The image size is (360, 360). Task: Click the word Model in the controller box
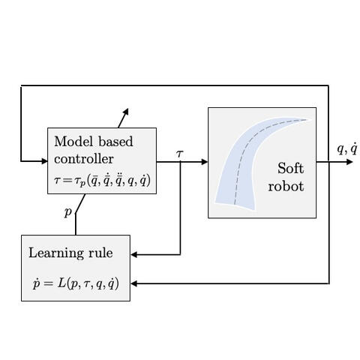(x=73, y=142)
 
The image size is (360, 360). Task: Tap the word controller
(x=84, y=159)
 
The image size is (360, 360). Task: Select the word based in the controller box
(x=115, y=142)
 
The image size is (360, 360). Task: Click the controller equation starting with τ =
(x=103, y=180)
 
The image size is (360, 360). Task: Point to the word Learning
(x=56, y=253)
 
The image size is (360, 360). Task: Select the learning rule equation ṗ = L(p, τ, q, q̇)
(x=76, y=283)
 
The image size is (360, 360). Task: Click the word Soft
(x=291, y=168)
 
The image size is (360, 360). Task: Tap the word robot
(x=286, y=187)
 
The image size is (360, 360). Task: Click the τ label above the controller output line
(x=180, y=153)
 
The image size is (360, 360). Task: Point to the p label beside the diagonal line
(x=68, y=212)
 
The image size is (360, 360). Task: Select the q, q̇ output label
(x=347, y=149)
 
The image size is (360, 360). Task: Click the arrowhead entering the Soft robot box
(x=205, y=162)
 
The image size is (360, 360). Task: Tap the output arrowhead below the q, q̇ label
(x=349, y=162)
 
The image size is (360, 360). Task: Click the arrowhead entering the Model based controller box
(x=44, y=161)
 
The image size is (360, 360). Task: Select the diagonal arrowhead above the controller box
(x=126, y=112)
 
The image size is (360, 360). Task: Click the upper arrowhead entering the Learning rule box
(x=134, y=255)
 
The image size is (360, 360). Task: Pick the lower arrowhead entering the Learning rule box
(x=134, y=283)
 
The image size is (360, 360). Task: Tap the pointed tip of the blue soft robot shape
(x=310, y=119)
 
